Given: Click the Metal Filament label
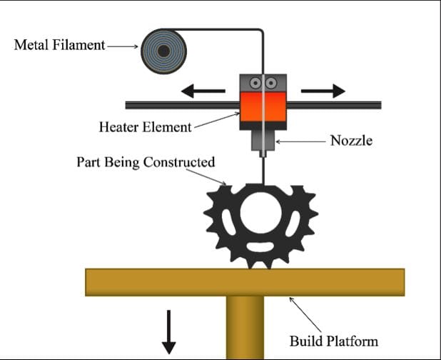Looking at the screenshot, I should tap(59, 46).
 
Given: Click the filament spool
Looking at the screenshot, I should tap(164, 50).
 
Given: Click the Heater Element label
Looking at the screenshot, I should tap(145, 127).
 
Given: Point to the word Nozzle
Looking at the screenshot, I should tap(351, 141).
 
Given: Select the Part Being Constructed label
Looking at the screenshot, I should tap(145, 161).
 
